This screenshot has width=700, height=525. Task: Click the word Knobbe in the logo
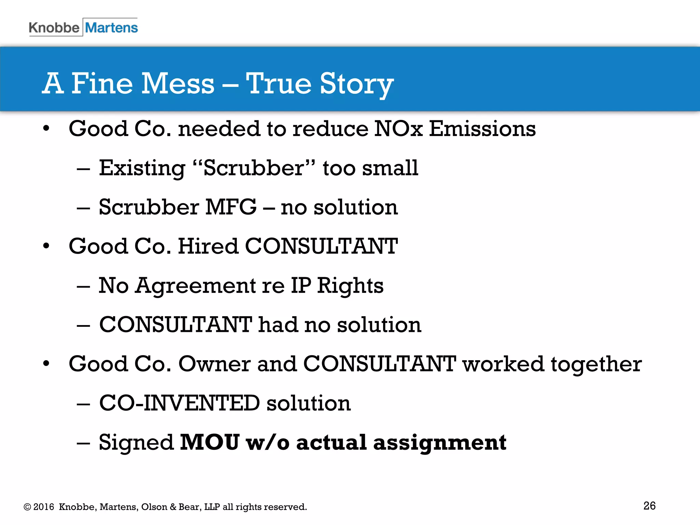[54, 28]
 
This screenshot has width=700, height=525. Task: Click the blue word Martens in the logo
[111, 28]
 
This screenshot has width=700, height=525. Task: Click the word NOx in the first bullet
[399, 129]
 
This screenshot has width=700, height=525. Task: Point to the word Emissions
[482, 129]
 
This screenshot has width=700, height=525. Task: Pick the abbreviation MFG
[231, 207]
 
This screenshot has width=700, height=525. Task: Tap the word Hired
[208, 246]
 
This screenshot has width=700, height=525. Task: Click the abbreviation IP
[301, 285]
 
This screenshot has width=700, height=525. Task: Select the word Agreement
[195, 286]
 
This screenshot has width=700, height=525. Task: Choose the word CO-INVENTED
[179, 403]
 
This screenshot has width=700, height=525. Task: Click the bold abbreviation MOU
[210, 442]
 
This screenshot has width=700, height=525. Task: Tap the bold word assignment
[440, 443]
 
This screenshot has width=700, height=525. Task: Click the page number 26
[649, 506]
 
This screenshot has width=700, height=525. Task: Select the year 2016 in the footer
[44, 507]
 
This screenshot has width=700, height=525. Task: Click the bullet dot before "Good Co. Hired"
[46, 246]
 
